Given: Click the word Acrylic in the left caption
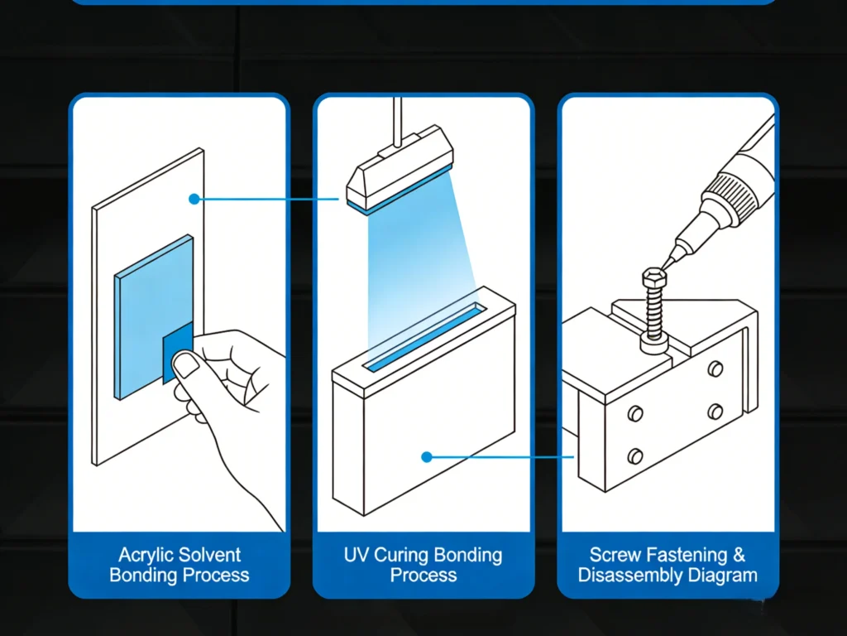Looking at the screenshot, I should tap(150, 555).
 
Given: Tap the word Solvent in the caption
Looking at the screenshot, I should tap(211, 555).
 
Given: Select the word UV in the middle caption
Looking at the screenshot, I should tap(357, 555).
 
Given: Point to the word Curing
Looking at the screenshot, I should tap(403, 555).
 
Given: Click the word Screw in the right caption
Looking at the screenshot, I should tap(615, 555).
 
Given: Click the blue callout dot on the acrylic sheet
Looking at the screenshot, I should tap(193, 199).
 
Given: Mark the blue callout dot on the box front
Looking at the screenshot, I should tap(427, 456).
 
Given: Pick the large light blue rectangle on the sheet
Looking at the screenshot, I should tap(149, 306).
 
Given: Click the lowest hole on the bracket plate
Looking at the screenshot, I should tap(635, 454).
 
